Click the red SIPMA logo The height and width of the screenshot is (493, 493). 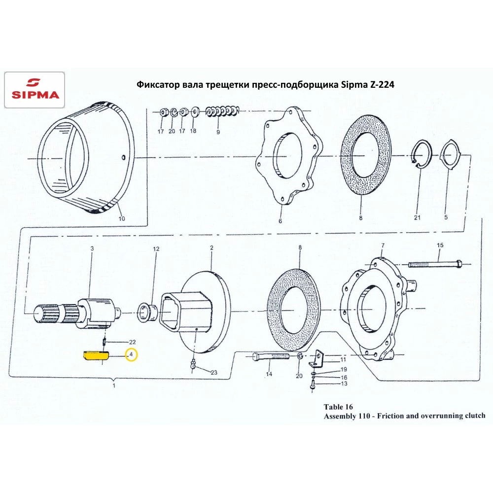(35, 90)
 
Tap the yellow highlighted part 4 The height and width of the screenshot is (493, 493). (96, 355)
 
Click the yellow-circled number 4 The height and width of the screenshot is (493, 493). (132, 354)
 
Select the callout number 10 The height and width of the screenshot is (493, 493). (122, 218)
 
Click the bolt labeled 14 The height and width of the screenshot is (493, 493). (271, 356)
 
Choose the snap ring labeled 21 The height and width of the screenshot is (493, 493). (422, 154)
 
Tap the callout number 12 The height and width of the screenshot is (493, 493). (156, 248)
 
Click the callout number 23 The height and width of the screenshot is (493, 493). (214, 373)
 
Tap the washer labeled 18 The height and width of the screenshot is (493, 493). (195, 111)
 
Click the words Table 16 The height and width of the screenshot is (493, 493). (338, 407)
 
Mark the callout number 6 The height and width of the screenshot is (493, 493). (280, 221)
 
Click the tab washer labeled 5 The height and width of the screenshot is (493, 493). (450, 155)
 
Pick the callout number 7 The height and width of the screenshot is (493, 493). (383, 245)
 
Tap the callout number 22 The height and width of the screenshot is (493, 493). (132, 342)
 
